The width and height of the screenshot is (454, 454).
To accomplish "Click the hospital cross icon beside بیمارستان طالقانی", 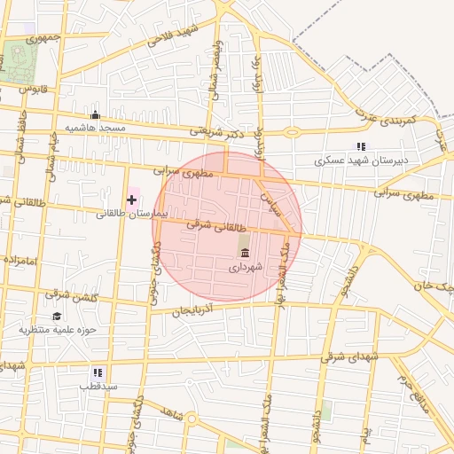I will pyautogui.click(x=132, y=200).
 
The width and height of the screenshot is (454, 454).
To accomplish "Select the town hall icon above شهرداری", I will pyautogui.click(x=245, y=254).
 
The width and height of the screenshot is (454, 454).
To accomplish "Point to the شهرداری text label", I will pyautogui.click(x=245, y=267).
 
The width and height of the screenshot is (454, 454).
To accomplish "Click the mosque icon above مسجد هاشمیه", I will pyautogui.click(x=96, y=115).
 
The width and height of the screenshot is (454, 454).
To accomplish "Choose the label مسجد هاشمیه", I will pyautogui.click(x=100, y=129).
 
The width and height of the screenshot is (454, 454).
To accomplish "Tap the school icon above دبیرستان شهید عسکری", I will pyautogui.click(x=360, y=146).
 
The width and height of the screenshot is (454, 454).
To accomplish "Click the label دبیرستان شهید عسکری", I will pyautogui.click(x=362, y=161).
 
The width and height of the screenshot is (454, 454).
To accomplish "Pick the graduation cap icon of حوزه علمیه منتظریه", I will pyautogui.click(x=57, y=316).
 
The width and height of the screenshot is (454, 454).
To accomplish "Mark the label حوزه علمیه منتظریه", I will pyautogui.click(x=56, y=330).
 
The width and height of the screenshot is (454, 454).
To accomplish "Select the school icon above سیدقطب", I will pyautogui.click(x=98, y=372).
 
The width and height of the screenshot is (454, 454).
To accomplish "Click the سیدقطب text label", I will pyautogui.click(x=98, y=387).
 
